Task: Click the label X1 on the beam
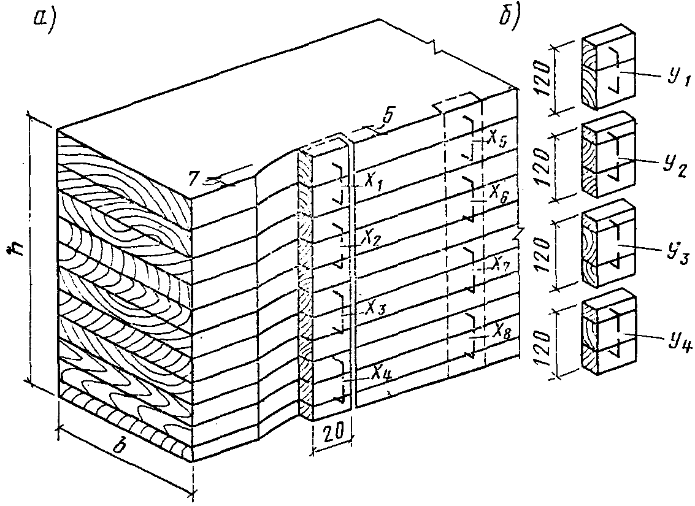point(369,183)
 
